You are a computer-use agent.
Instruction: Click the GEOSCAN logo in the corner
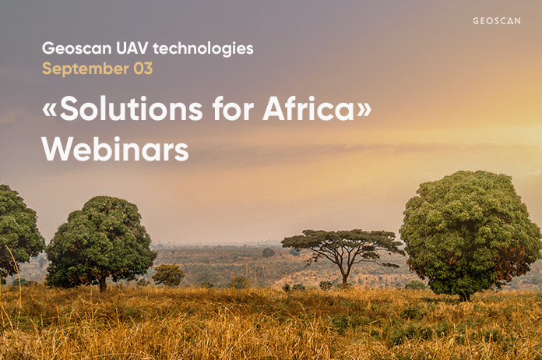[497, 21]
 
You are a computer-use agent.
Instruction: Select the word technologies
[203, 49]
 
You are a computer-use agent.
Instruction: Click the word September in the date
[86, 69]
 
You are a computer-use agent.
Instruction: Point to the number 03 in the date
[143, 69]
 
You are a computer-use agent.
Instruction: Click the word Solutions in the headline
[131, 108]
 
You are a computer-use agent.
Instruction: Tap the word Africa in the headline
[308, 108]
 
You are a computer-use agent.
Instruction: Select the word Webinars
[115, 149]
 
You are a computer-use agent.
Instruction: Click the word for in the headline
[233, 108]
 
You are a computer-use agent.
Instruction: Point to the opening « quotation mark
[49, 110]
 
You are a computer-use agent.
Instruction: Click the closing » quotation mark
[364, 110]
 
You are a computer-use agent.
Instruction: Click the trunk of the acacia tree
[344, 275]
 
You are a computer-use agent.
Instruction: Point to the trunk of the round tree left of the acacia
[103, 284]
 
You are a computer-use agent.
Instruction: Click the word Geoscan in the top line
[77, 48]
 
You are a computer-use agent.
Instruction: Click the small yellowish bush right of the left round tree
[168, 275]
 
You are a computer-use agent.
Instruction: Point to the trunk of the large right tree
[465, 295]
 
